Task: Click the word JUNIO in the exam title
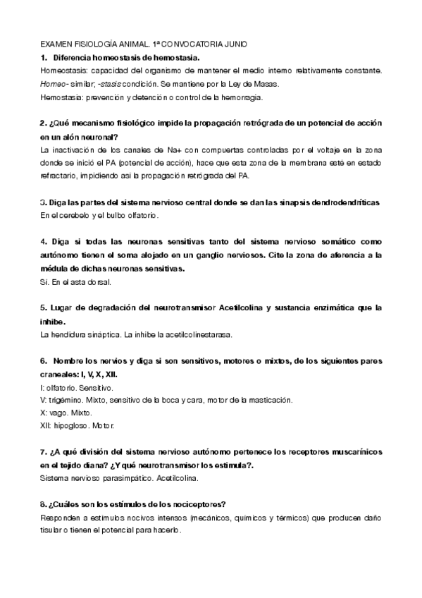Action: [232, 44]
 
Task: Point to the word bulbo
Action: [113, 214]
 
